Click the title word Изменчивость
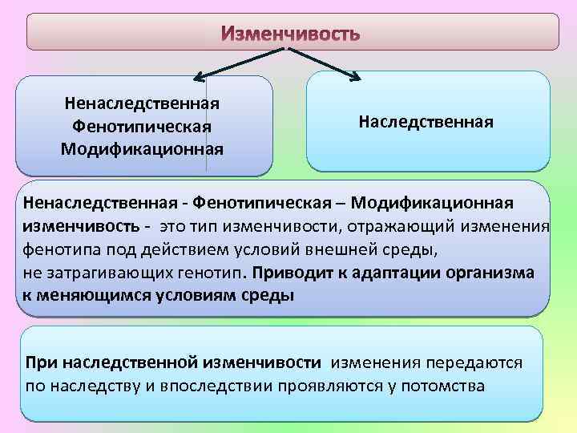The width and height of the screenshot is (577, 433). point(291,34)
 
